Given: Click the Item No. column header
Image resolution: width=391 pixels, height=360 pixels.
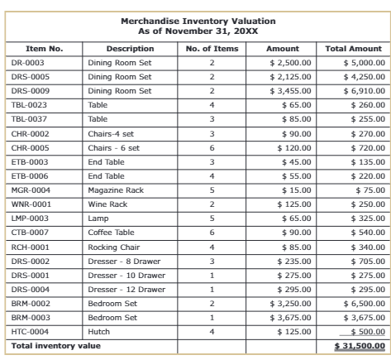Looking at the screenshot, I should click(44, 49).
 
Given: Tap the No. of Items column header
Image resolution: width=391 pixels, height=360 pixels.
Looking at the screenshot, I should click(211, 49).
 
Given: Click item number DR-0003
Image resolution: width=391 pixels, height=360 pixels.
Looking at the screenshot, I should click(28, 63).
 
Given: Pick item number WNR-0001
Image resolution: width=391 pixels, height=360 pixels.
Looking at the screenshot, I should click(31, 204).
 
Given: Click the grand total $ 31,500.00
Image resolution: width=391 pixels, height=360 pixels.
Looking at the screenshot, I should click(360, 345).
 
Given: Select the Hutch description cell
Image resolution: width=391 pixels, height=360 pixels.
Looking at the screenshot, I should click(99, 331).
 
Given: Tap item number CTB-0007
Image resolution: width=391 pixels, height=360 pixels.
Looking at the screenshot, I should click(30, 233).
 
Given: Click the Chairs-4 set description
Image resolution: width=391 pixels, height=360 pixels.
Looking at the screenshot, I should click(111, 133).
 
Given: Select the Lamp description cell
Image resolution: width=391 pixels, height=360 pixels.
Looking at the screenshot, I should click(98, 218).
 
